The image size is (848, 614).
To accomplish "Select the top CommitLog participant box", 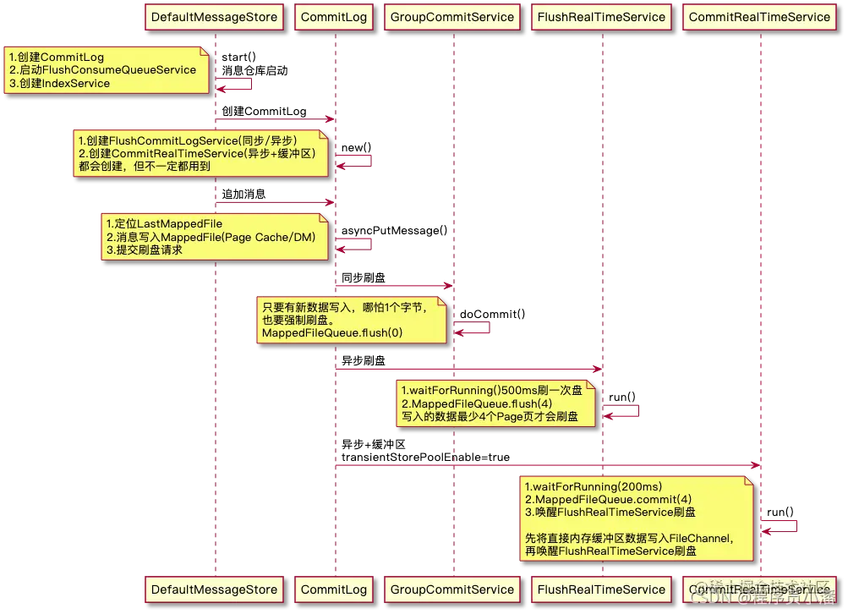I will [x=334, y=16].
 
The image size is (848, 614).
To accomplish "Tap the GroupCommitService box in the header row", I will [x=452, y=16].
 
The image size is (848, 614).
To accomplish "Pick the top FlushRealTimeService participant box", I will [x=601, y=16].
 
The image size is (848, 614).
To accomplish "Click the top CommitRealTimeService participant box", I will [x=759, y=16].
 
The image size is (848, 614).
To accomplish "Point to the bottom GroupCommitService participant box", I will [x=452, y=589].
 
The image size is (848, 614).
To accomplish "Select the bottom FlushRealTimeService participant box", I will [x=601, y=589].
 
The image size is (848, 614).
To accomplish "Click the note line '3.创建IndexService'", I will [x=59, y=84].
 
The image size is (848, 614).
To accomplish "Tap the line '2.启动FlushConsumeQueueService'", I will [x=102, y=70].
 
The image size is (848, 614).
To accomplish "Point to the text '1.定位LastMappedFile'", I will [x=164, y=223].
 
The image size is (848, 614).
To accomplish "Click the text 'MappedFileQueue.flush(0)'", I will [x=332, y=334].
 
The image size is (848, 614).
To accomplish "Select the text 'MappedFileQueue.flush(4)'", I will [x=466, y=404].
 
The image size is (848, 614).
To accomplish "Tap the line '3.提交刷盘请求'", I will [x=145, y=250].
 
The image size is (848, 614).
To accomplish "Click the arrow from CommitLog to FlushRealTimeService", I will [x=468, y=370].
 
